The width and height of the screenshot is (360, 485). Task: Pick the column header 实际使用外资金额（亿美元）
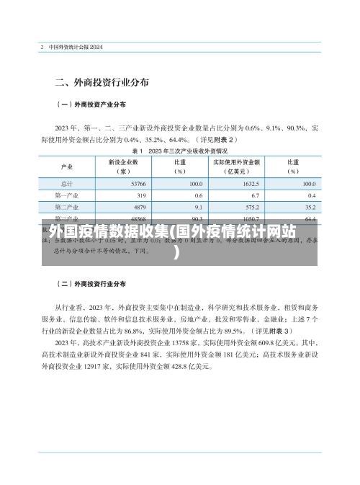(234, 167)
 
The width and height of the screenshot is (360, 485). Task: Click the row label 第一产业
(67, 195)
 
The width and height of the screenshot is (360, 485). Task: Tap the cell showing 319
(140, 195)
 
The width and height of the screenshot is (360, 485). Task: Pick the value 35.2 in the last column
(309, 207)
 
